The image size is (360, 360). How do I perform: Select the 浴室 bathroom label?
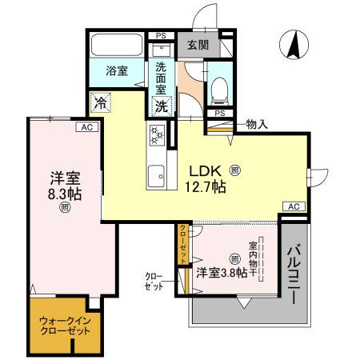[117, 70]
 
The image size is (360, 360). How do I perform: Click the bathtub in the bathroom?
[116, 44]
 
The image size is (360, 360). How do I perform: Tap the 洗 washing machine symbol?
[162, 104]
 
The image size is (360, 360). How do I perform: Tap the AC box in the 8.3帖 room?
[85, 126]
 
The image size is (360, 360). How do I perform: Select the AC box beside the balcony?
[293, 207]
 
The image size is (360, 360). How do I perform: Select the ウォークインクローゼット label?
[66, 326]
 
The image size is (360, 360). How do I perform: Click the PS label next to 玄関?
[161, 35]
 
